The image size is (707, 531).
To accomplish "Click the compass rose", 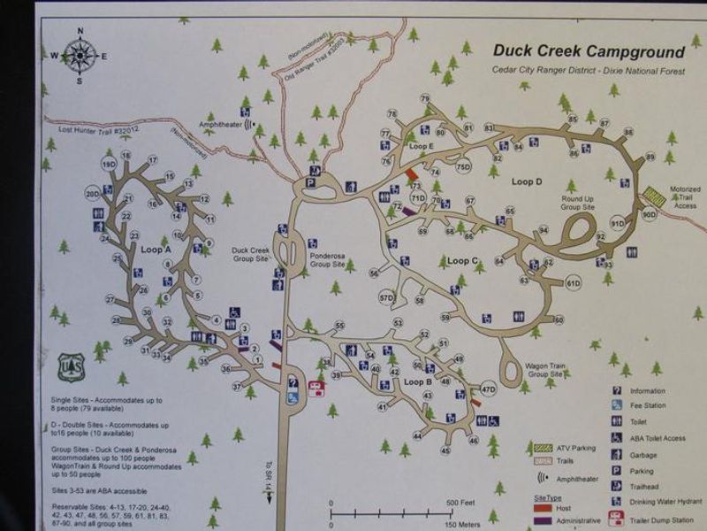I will pos(80,56).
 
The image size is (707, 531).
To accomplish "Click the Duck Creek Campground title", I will pos(589,52).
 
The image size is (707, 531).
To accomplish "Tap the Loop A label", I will pos(156,250).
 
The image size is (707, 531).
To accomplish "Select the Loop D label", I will pos(526,181).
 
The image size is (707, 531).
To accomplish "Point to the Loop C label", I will pos(462,261).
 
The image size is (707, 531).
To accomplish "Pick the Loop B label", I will pos(417,382).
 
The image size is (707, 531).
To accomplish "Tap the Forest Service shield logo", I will pos(71,366).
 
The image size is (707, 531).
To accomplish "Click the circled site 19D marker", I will pos(110,165).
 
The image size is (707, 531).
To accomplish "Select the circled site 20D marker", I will pos(93,193).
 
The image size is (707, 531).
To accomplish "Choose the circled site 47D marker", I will pos(488,389).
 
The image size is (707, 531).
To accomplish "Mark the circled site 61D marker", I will pos(574,283).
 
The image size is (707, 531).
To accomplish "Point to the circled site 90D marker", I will pos(650,214).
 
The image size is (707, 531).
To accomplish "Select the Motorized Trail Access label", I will pos(685,197).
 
